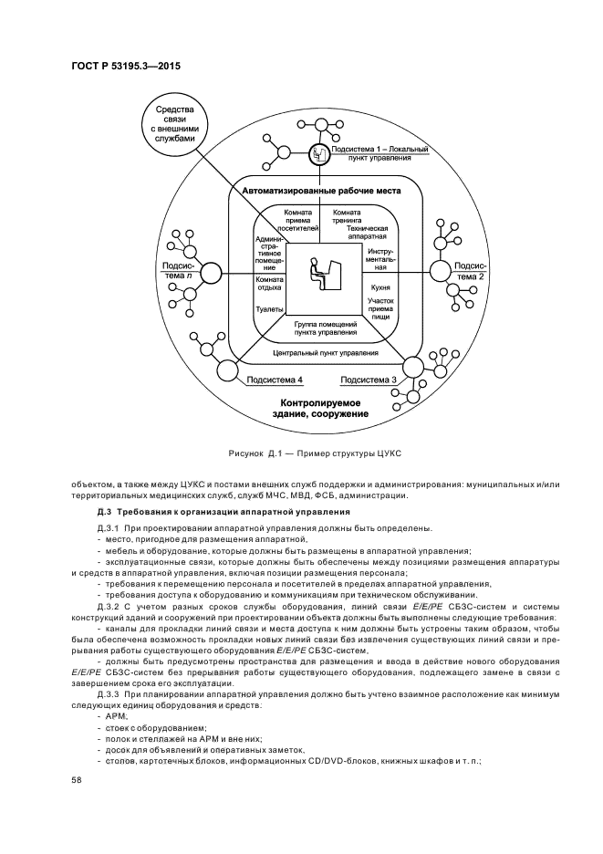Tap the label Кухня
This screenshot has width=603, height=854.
tap(380, 286)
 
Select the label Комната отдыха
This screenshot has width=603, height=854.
tap(270, 283)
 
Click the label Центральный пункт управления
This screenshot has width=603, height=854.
tap(326, 351)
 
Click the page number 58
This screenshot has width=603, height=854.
tap(77, 780)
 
